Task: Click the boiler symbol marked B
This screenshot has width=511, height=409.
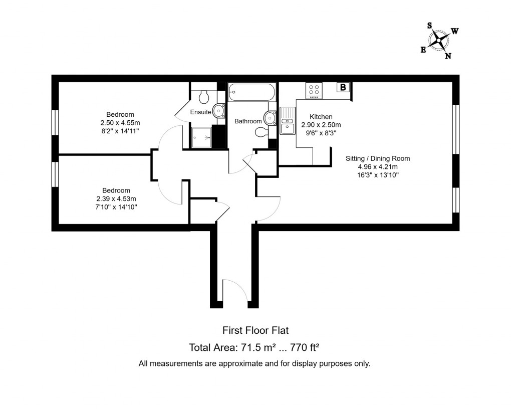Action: click(x=343, y=87)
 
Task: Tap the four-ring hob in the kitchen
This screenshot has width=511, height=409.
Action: click(x=315, y=90)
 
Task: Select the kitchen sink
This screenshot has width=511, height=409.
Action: click(x=287, y=121)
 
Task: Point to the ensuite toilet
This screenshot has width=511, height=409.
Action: click(x=204, y=95)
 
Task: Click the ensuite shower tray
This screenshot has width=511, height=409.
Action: click(x=201, y=136)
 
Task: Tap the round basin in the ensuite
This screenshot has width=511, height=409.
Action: click(x=218, y=110)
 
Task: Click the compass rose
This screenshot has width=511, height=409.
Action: click(x=439, y=40)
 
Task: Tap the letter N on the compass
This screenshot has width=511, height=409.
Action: click(x=448, y=56)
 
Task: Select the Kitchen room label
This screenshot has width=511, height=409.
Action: click(x=321, y=116)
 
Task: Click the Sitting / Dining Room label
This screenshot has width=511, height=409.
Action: click(x=378, y=158)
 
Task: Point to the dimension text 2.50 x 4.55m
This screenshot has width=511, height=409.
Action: click(x=120, y=123)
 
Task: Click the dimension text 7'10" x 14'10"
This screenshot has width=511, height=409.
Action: click(x=116, y=207)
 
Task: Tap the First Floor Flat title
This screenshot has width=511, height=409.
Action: click(x=255, y=330)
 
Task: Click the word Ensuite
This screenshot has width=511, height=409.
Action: click(x=200, y=112)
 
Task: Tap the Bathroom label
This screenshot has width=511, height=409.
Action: click(x=248, y=121)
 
